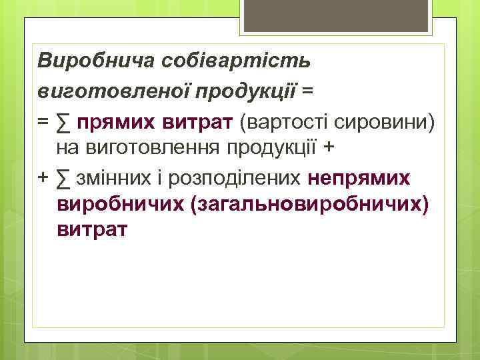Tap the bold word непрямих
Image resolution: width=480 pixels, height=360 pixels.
[x=360, y=178]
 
